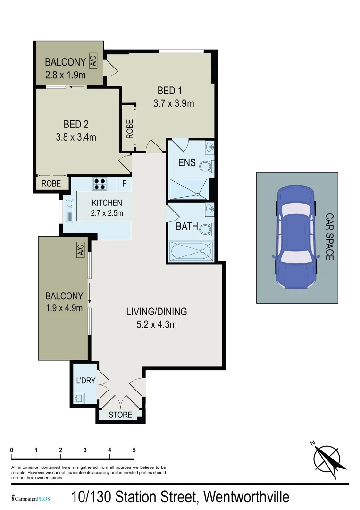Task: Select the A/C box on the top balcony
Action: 92,61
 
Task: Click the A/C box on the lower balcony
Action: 80,249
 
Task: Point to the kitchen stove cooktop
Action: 100,183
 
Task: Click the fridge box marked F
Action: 124,183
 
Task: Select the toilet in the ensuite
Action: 206,166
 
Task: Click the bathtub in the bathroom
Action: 191,250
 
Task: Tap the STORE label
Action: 120,415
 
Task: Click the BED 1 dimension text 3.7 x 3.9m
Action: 174,103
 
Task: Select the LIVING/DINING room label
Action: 157,312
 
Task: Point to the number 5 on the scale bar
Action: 134,450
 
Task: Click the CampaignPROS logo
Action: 31,499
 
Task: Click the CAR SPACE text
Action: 329,237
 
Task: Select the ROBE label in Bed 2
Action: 51,184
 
